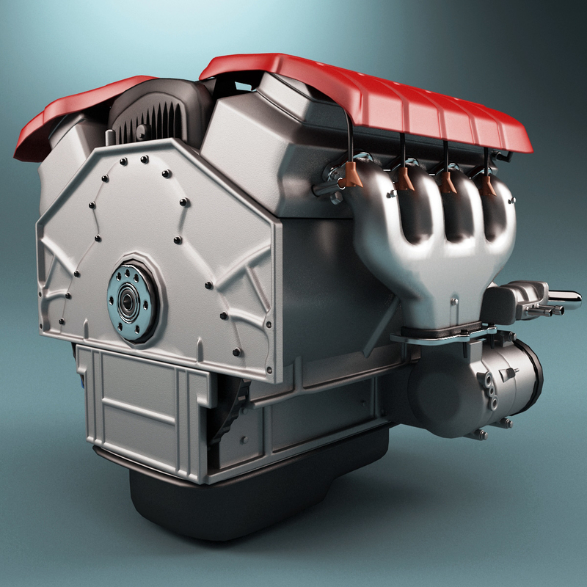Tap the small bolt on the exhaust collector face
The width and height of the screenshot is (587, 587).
tap(454, 300)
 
